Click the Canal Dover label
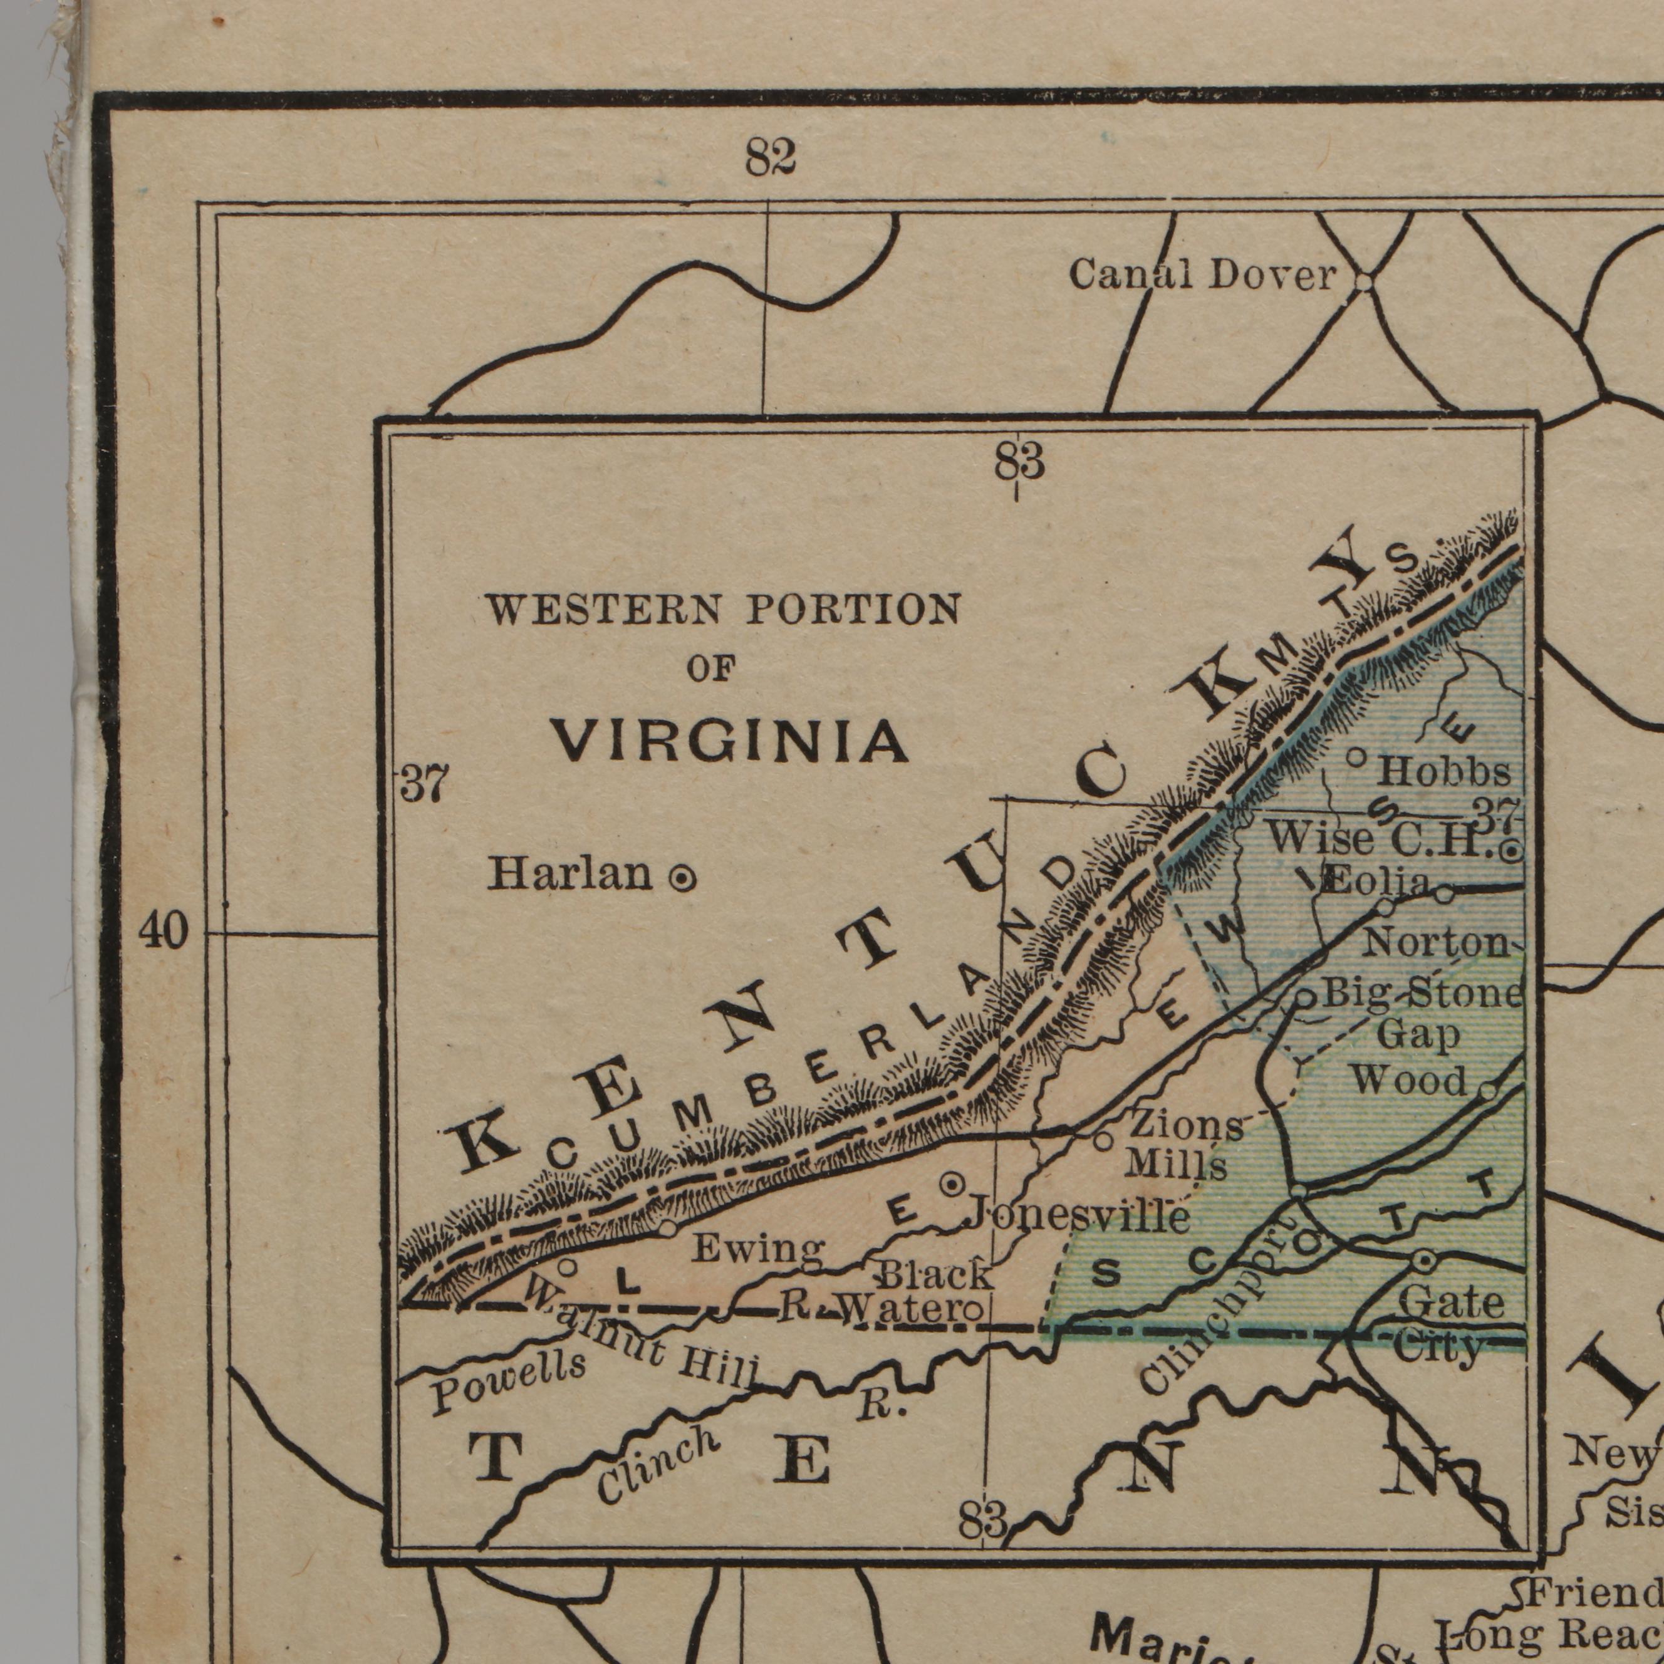[1202, 276]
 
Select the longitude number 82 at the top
[770, 159]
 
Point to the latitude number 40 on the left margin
[163, 932]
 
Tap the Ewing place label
[759, 1248]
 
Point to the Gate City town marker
[1423, 1262]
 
